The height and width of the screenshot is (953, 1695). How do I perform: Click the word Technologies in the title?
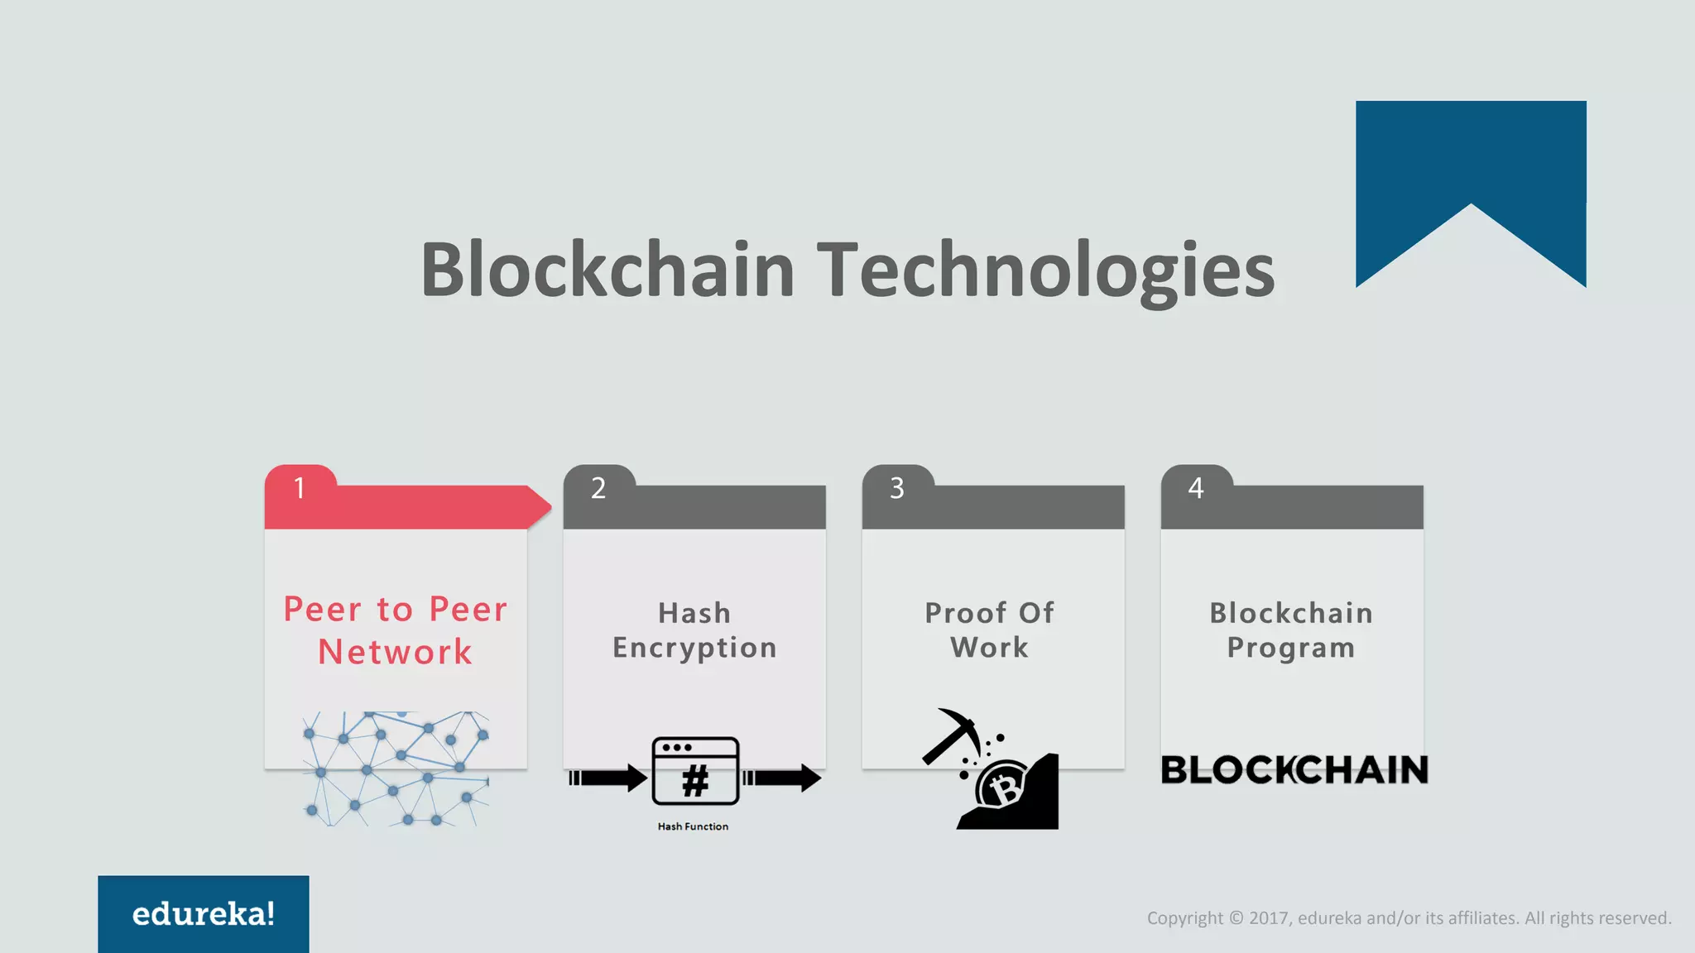click(1046, 271)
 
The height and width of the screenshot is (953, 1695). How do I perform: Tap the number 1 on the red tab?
click(300, 488)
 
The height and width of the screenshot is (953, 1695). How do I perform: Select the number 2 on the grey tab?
click(598, 488)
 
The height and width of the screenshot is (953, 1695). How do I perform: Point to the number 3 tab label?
click(897, 488)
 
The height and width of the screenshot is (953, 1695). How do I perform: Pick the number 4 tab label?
click(1196, 488)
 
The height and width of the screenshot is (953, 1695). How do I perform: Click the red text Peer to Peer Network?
click(396, 630)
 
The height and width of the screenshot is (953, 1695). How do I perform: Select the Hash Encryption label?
click(694, 630)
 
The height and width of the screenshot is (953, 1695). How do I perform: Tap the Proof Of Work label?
click(990, 630)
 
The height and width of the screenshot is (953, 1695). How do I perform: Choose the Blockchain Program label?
click(1291, 630)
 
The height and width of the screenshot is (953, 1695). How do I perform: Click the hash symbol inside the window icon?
click(695, 780)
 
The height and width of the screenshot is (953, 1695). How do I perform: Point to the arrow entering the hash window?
click(608, 778)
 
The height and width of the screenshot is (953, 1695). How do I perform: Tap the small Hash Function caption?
click(693, 826)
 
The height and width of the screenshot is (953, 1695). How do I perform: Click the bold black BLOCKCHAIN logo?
click(1294, 770)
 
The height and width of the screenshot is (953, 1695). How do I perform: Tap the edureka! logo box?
click(204, 914)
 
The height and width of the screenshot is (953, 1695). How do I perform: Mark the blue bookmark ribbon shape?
click(1471, 165)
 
